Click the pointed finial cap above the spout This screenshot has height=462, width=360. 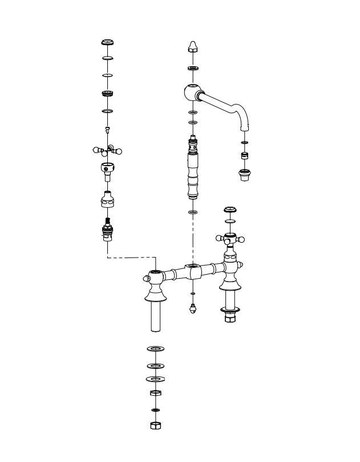tap(193, 47)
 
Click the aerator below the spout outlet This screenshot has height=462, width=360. tap(244, 174)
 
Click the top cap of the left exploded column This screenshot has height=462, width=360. tap(107, 43)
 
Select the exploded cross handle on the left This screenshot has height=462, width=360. tap(107, 151)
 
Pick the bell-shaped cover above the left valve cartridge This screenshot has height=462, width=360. tap(107, 200)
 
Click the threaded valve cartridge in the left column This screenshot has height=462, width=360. tap(107, 231)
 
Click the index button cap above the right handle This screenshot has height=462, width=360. tap(230, 210)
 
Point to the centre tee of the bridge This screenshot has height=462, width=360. tap(193, 270)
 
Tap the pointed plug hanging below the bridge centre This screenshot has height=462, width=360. tap(193, 310)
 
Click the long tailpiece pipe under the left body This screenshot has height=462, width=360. tap(155, 317)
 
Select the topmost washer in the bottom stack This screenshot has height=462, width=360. tap(155, 348)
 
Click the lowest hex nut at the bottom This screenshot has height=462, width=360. tap(155, 426)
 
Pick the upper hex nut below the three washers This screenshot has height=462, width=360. tap(155, 393)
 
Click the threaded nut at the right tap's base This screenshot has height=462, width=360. tap(230, 316)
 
